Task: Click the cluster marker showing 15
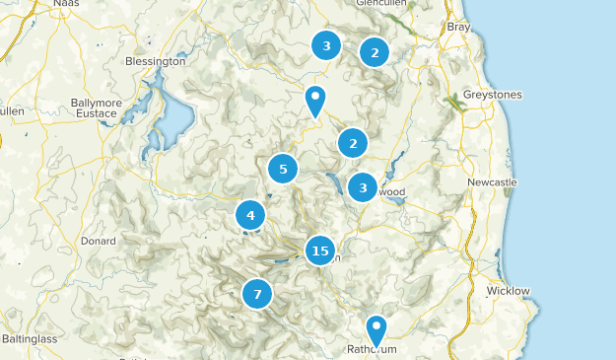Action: click(319, 252)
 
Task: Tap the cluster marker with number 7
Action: click(257, 293)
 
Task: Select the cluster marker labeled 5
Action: click(283, 169)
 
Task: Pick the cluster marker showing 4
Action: click(250, 215)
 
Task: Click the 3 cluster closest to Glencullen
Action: click(325, 44)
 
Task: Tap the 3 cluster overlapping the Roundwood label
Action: click(363, 186)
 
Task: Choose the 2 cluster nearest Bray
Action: click(374, 51)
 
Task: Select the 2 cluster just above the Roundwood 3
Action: click(353, 144)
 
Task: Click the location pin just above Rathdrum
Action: click(376, 328)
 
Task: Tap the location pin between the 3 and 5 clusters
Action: click(314, 100)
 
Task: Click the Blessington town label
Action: click(156, 61)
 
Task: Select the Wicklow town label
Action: click(508, 291)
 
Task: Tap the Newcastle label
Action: click(492, 183)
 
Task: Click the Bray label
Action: click(459, 28)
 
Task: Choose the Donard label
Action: click(100, 240)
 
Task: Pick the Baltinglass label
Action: click(30, 338)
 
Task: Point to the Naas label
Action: click(66, 4)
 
